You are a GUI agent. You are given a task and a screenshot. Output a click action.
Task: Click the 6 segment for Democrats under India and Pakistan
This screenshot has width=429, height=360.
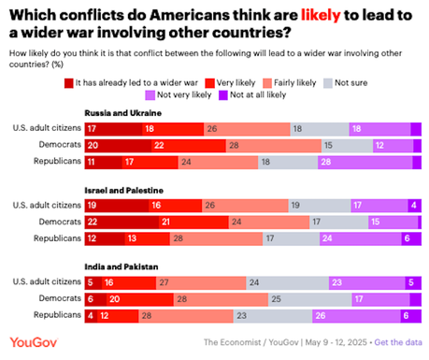(91, 299)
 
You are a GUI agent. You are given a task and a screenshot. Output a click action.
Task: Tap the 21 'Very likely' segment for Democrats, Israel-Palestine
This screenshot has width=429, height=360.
(164, 223)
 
